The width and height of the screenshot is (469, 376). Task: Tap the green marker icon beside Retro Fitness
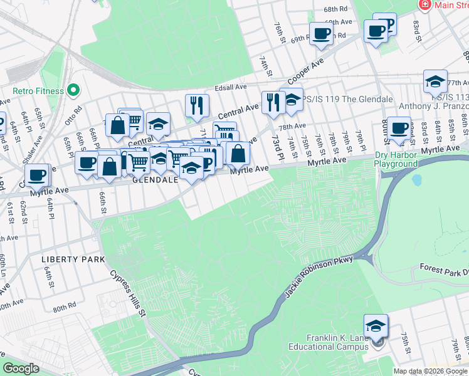click(73, 91)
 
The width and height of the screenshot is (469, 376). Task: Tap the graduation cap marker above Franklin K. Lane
click(376, 326)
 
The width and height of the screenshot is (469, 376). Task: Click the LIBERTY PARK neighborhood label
click(68, 259)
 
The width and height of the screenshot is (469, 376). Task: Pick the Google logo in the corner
click(21, 368)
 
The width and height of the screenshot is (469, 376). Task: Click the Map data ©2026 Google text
click(430, 371)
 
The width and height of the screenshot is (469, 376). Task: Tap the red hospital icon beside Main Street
click(425, 5)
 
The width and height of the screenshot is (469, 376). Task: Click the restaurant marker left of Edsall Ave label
click(197, 105)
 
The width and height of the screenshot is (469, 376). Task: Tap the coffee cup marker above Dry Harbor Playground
click(398, 128)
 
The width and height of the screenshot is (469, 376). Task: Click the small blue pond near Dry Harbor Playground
click(416, 180)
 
